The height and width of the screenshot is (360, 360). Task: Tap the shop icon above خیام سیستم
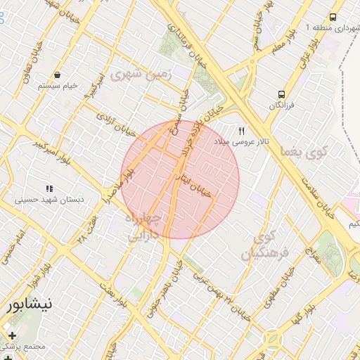56,75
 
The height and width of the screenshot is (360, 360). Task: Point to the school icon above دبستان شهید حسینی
49,188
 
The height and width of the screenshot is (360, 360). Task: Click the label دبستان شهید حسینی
50,200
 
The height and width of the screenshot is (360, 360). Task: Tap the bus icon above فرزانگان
282,94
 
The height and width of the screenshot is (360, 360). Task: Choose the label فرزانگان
283,105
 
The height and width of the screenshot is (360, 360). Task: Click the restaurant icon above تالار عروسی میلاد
242,131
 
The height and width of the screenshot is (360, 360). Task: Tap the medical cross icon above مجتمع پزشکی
11,335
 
